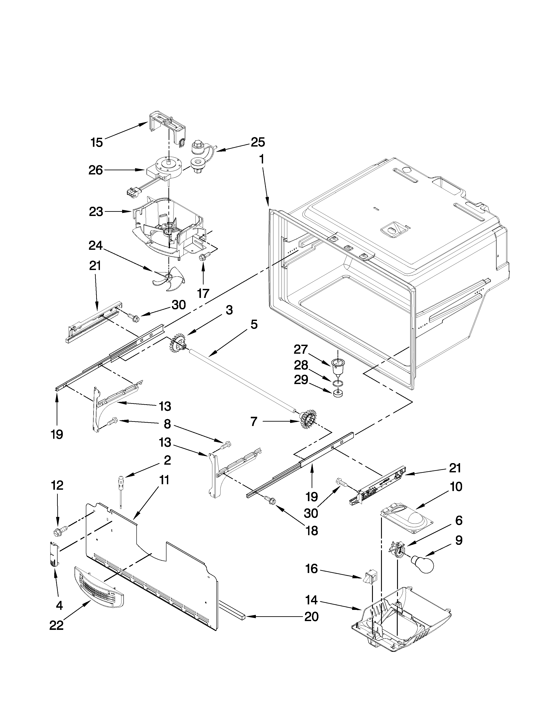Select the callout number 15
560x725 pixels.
coord(97,143)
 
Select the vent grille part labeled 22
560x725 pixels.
coord(99,587)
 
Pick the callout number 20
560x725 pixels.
coord(311,616)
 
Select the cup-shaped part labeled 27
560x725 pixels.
coord(337,365)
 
